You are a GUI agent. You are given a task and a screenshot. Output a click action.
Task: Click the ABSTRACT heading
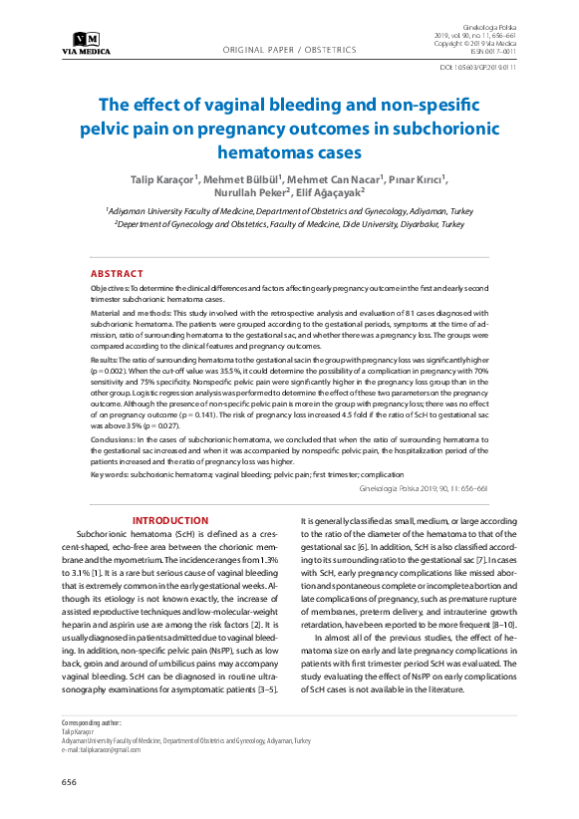pyautogui.click(x=117, y=273)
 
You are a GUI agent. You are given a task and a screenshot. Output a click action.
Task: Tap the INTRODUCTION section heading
pyautogui.click(x=170, y=520)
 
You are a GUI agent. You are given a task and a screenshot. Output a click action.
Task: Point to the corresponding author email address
pyautogui.click(x=101, y=749)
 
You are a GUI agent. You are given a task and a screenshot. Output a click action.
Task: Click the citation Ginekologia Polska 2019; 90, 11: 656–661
pyautogui.click(x=423, y=489)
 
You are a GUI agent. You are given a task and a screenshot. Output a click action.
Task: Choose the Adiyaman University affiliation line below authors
pyautogui.click(x=289, y=212)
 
